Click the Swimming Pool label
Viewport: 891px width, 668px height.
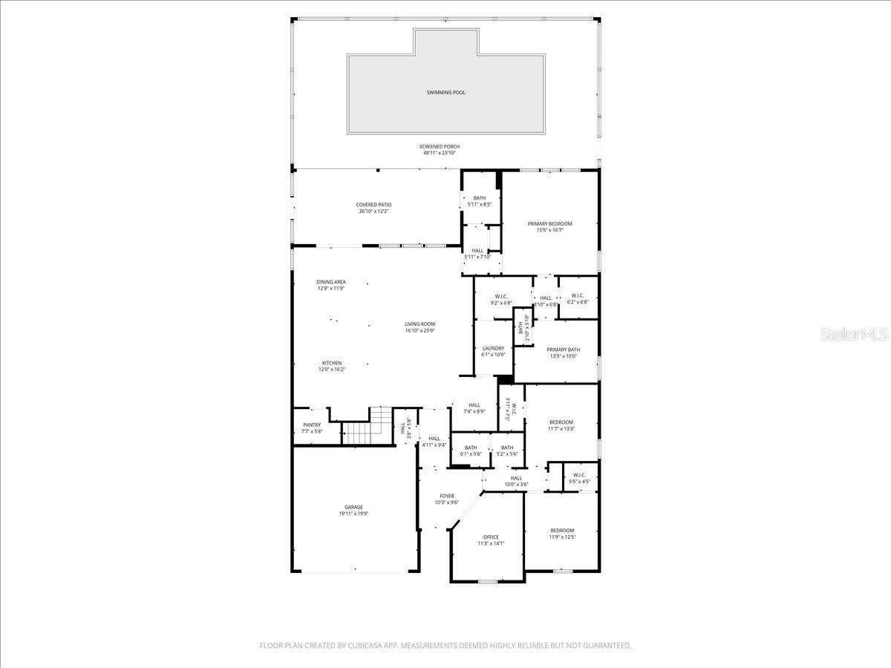click(x=446, y=93)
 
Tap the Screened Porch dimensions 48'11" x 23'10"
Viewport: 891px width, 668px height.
click(x=441, y=153)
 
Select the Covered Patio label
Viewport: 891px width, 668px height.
click(x=373, y=204)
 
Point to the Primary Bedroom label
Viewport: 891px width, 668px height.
click(x=549, y=223)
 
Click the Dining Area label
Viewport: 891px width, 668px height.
click(x=331, y=282)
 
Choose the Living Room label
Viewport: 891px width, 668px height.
click(x=420, y=324)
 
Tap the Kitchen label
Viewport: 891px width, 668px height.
click(x=332, y=363)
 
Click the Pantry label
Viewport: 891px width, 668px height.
click(x=312, y=425)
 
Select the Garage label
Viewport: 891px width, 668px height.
click(x=353, y=507)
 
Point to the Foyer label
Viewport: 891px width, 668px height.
click(x=446, y=496)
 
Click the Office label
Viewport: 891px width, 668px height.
click(x=491, y=537)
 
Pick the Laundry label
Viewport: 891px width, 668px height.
click(x=493, y=348)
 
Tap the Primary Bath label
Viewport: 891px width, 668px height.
click(x=564, y=350)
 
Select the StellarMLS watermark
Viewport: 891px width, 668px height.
click(x=853, y=335)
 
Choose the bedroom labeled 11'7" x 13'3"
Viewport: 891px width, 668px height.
click(x=561, y=422)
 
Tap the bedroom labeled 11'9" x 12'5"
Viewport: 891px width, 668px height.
click(x=561, y=530)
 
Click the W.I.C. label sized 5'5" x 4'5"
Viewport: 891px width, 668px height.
click(x=579, y=475)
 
